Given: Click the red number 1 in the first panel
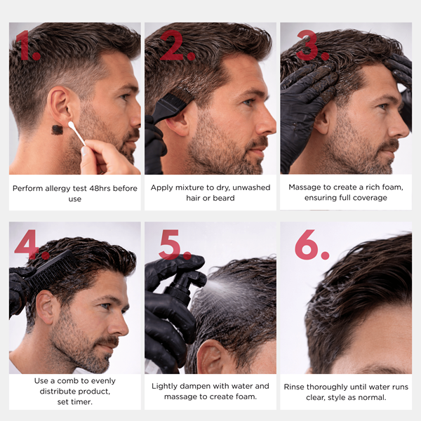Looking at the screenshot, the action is [x=24, y=45].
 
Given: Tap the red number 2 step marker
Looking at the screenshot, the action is [x=172, y=45].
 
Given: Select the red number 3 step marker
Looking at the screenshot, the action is [x=307, y=45].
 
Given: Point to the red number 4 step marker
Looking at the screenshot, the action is [x=27, y=243].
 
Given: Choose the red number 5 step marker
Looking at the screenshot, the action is [x=169, y=244].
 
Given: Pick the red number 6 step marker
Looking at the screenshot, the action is [x=307, y=244].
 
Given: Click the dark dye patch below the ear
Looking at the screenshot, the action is [x=58, y=130].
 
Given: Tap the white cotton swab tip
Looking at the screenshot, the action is [x=71, y=124].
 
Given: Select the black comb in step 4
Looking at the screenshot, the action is [x=51, y=272].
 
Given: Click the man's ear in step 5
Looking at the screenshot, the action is [x=209, y=357].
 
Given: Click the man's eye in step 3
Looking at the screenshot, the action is [x=382, y=107].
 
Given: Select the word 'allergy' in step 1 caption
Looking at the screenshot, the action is [x=58, y=189].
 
